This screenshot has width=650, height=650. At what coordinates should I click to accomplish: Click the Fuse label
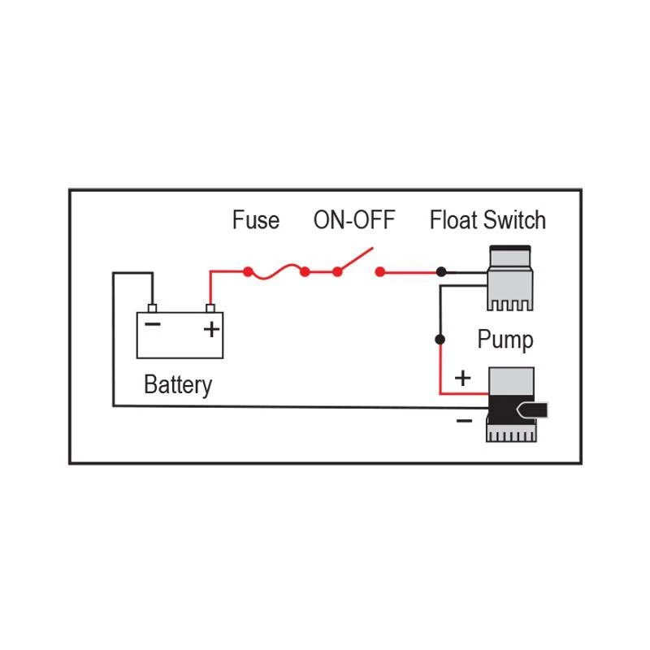(x=255, y=220)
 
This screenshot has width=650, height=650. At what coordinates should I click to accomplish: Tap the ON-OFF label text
(x=353, y=220)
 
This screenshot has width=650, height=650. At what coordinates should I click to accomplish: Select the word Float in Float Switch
(x=454, y=220)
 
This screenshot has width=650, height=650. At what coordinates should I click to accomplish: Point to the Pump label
(x=505, y=339)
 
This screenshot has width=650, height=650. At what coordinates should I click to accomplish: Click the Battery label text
(x=177, y=384)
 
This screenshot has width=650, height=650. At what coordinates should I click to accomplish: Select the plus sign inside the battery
(x=210, y=329)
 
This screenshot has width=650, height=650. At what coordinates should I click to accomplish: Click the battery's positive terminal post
(x=211, y=308)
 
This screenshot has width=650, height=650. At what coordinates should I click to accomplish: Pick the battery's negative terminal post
(x=151, y=308)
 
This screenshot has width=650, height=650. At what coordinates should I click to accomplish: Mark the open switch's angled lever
(x=356, y=260)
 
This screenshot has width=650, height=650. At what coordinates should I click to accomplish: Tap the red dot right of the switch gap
(x=379, y=273)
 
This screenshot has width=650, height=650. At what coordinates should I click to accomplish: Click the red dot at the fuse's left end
(x=247, y=272)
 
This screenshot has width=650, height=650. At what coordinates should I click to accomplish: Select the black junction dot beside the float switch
(x=440, y=272)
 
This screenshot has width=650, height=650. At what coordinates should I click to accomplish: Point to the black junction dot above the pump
(x=440, y=339)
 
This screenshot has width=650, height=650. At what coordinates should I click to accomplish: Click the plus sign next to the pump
(x=462, y=378)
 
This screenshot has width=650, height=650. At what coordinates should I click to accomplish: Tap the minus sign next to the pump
(x=463, y=420)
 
